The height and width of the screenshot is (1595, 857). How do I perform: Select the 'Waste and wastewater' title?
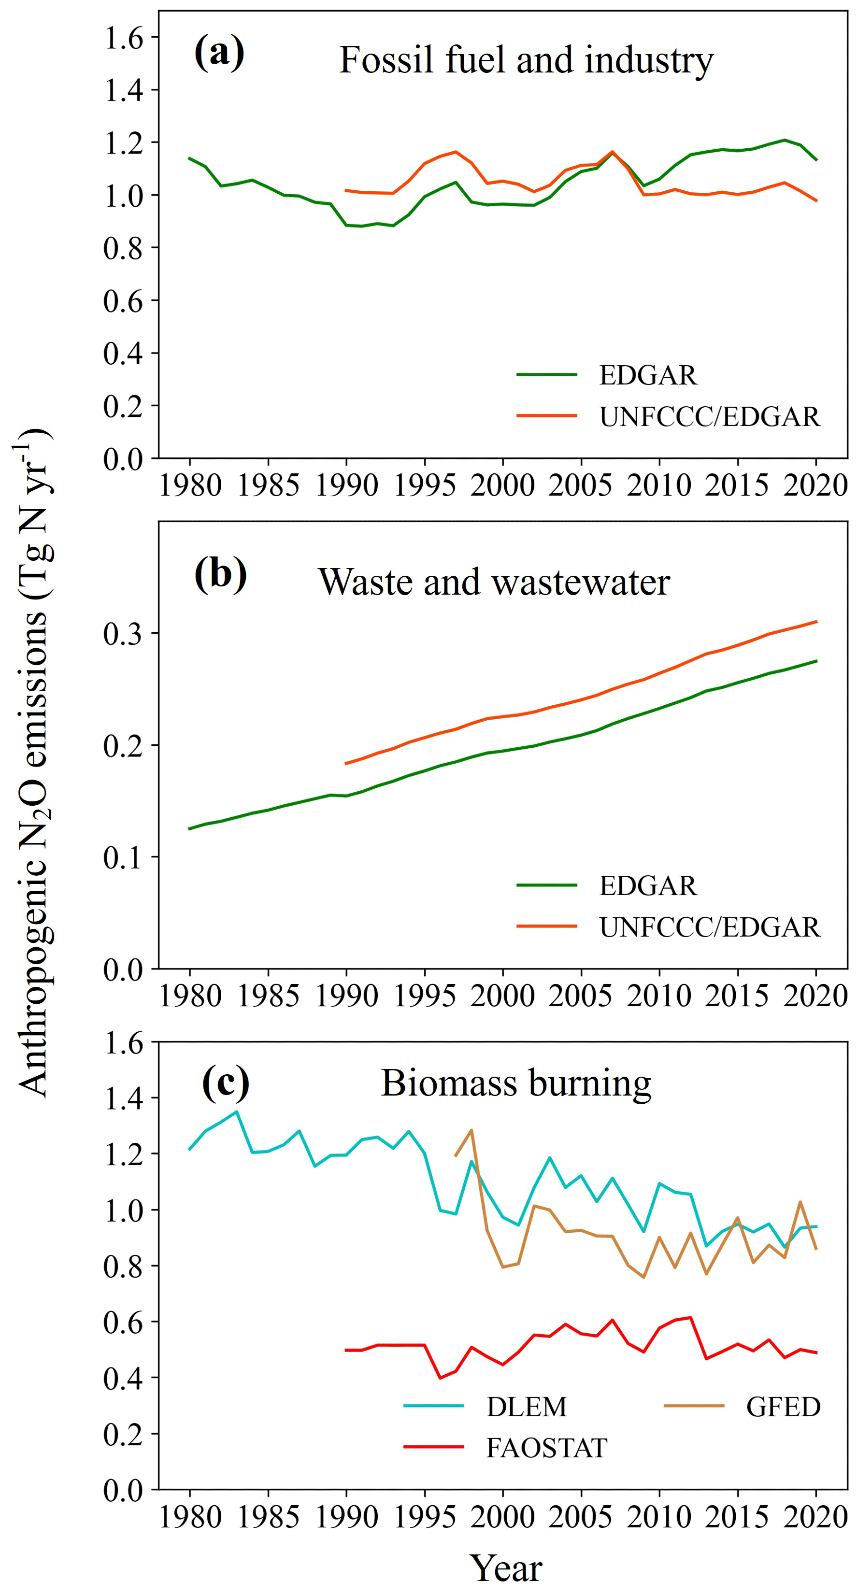pyautogui.click(x=494, y=582)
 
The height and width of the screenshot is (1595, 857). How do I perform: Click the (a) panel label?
pyautogui.click(x=219, y=53)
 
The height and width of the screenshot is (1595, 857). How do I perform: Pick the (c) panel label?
pyautogui.click(x=226, y=1082)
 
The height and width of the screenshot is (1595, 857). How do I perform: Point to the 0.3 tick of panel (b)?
pyautogui.click(x=123, y=633)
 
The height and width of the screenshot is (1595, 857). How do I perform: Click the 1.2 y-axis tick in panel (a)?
pyautogui.click(x=123, y=142)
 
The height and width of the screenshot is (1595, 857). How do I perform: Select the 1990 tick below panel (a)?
pyautogui.click(x=346, y=485)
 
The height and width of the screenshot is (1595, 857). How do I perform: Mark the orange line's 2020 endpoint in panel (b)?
pyautogui.click(x=816, y=621)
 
